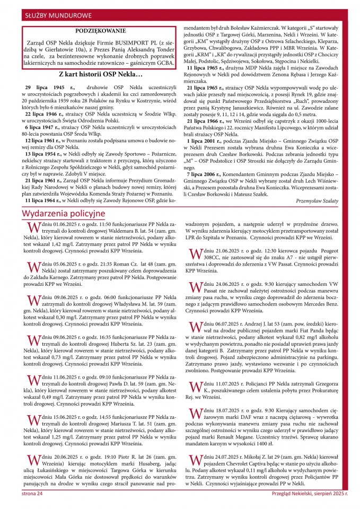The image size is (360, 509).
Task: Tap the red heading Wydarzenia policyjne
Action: (64, 213)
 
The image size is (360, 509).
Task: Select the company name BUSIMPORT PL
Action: (127, 40)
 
